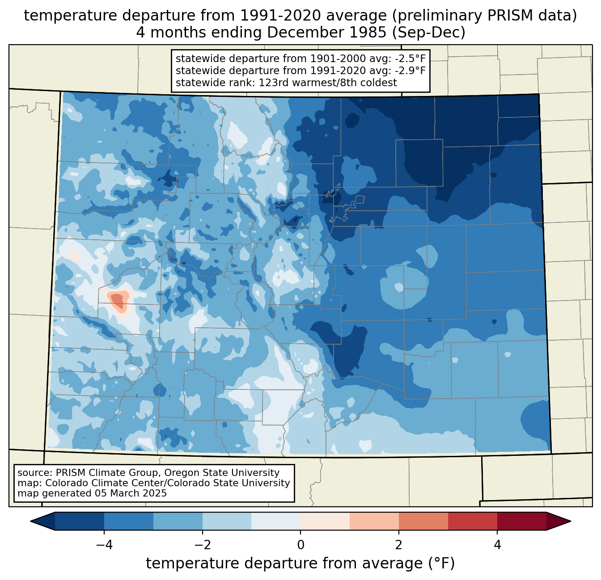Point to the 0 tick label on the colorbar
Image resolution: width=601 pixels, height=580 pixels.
[x=300, y=545]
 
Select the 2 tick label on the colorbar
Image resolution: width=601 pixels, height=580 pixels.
[x=399, y=545]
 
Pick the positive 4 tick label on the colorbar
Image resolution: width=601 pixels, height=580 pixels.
[x=497, y=545]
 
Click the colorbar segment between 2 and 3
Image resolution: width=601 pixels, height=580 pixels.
[x=423, y=521]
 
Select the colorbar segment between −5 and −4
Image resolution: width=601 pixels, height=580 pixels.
[x=80, y=521]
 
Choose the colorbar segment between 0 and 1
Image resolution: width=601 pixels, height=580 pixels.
[x=325, y=521]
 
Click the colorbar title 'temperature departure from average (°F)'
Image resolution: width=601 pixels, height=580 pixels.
[x=300, y=563]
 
